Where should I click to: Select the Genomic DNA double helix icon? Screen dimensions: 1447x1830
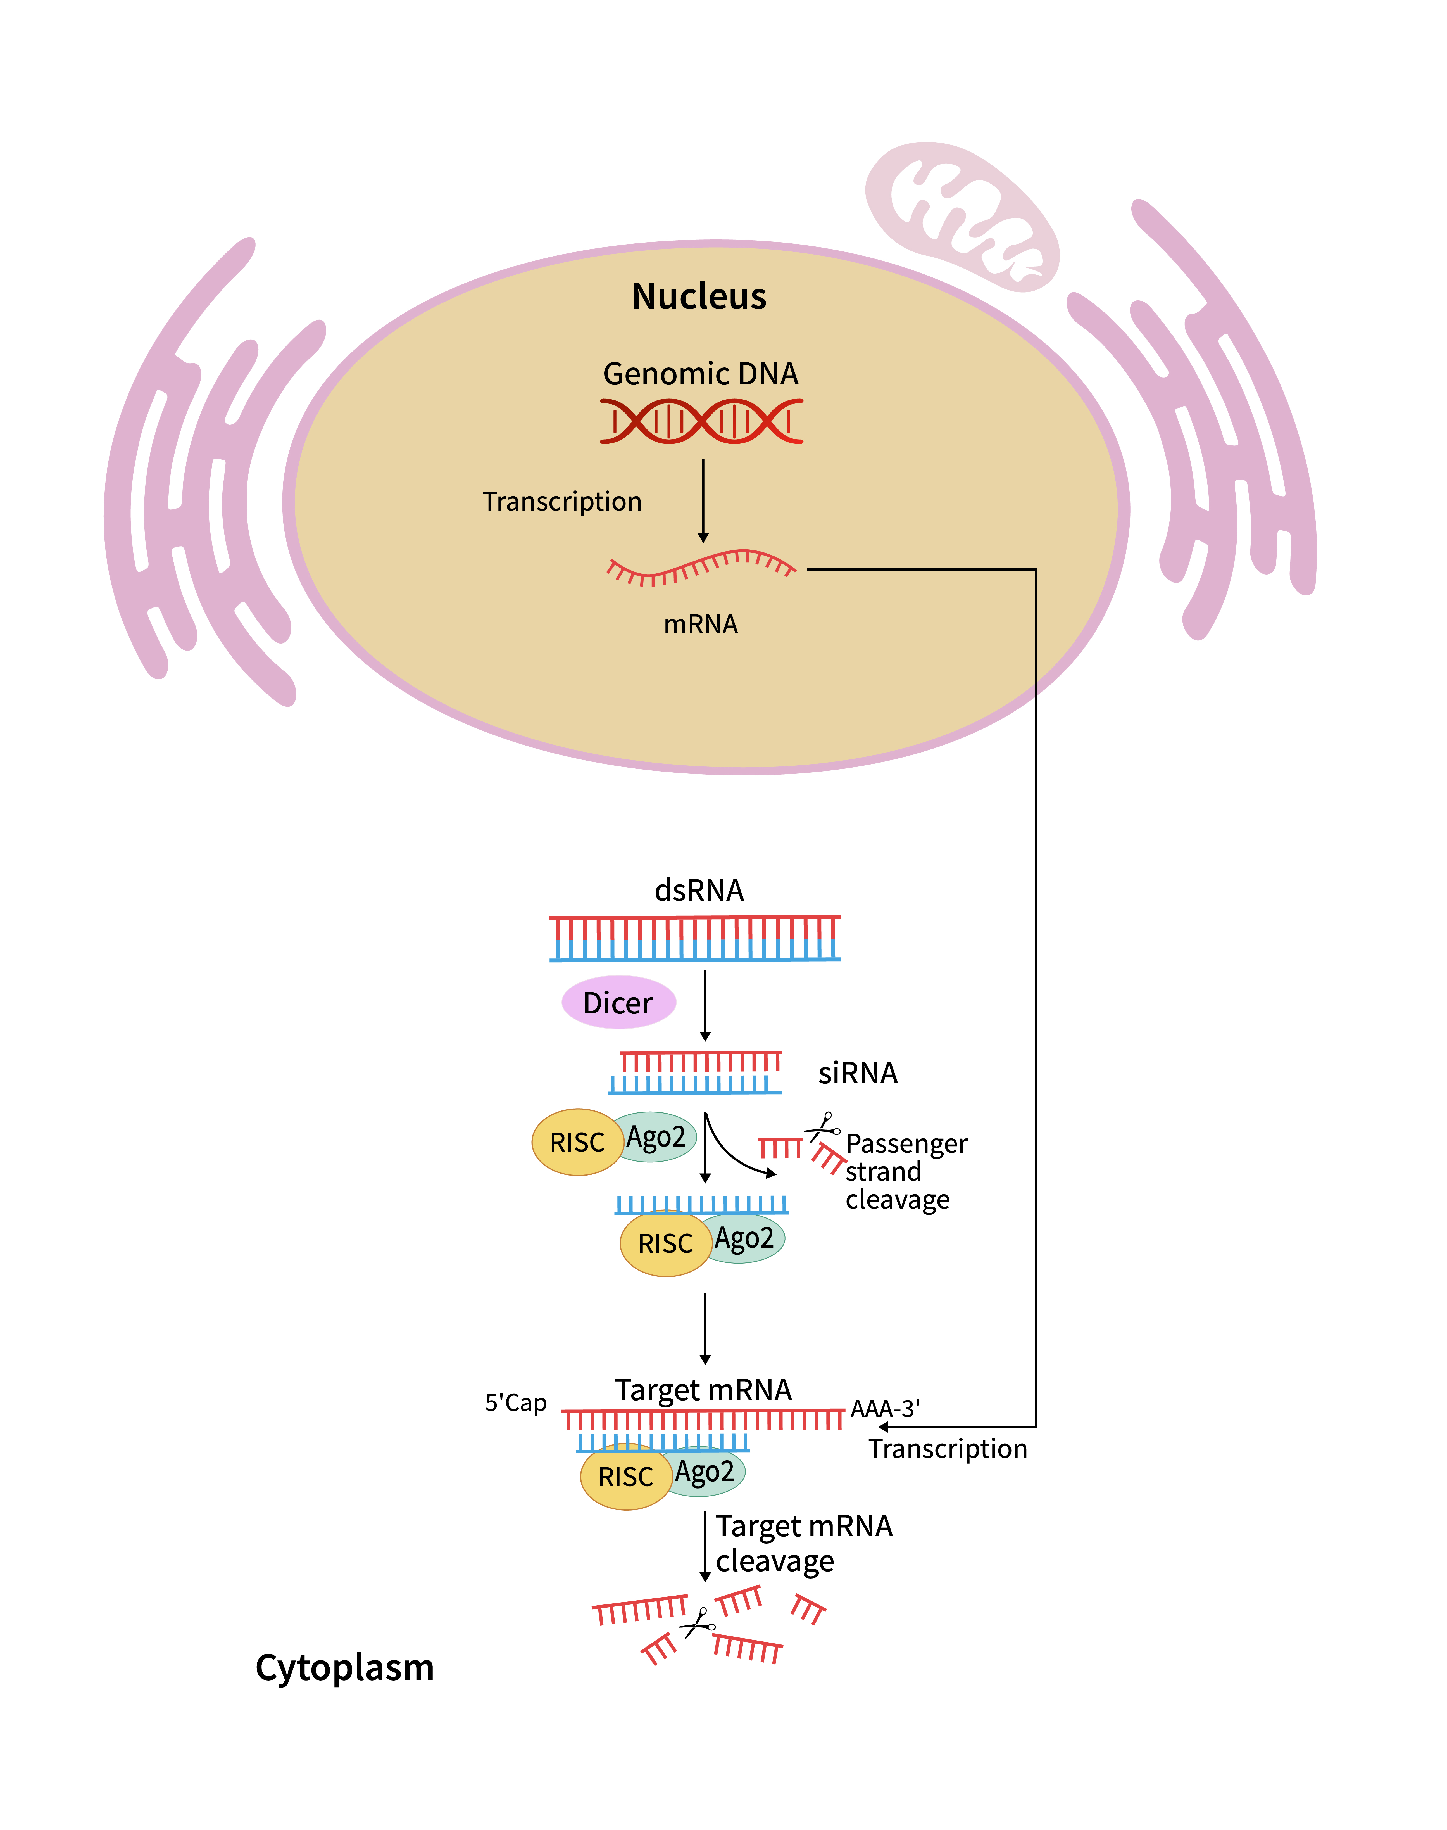(x=701, y=421)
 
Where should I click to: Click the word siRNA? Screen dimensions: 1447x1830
(x=857, y=1073)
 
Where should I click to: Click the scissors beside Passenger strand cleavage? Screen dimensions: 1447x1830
(x=822, y=1128)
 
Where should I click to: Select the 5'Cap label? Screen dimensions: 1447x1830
(x=515, y=1403)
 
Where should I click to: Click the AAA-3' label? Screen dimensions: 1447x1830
(x=885, y=1409)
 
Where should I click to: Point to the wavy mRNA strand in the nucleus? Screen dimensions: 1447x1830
(x=701, y=567)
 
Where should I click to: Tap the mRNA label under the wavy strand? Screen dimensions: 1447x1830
(x=701, y=625)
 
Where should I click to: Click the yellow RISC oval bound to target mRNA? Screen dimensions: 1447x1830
(x=626, y=1477)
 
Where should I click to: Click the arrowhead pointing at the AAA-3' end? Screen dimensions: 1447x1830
(x=883, y=1427)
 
